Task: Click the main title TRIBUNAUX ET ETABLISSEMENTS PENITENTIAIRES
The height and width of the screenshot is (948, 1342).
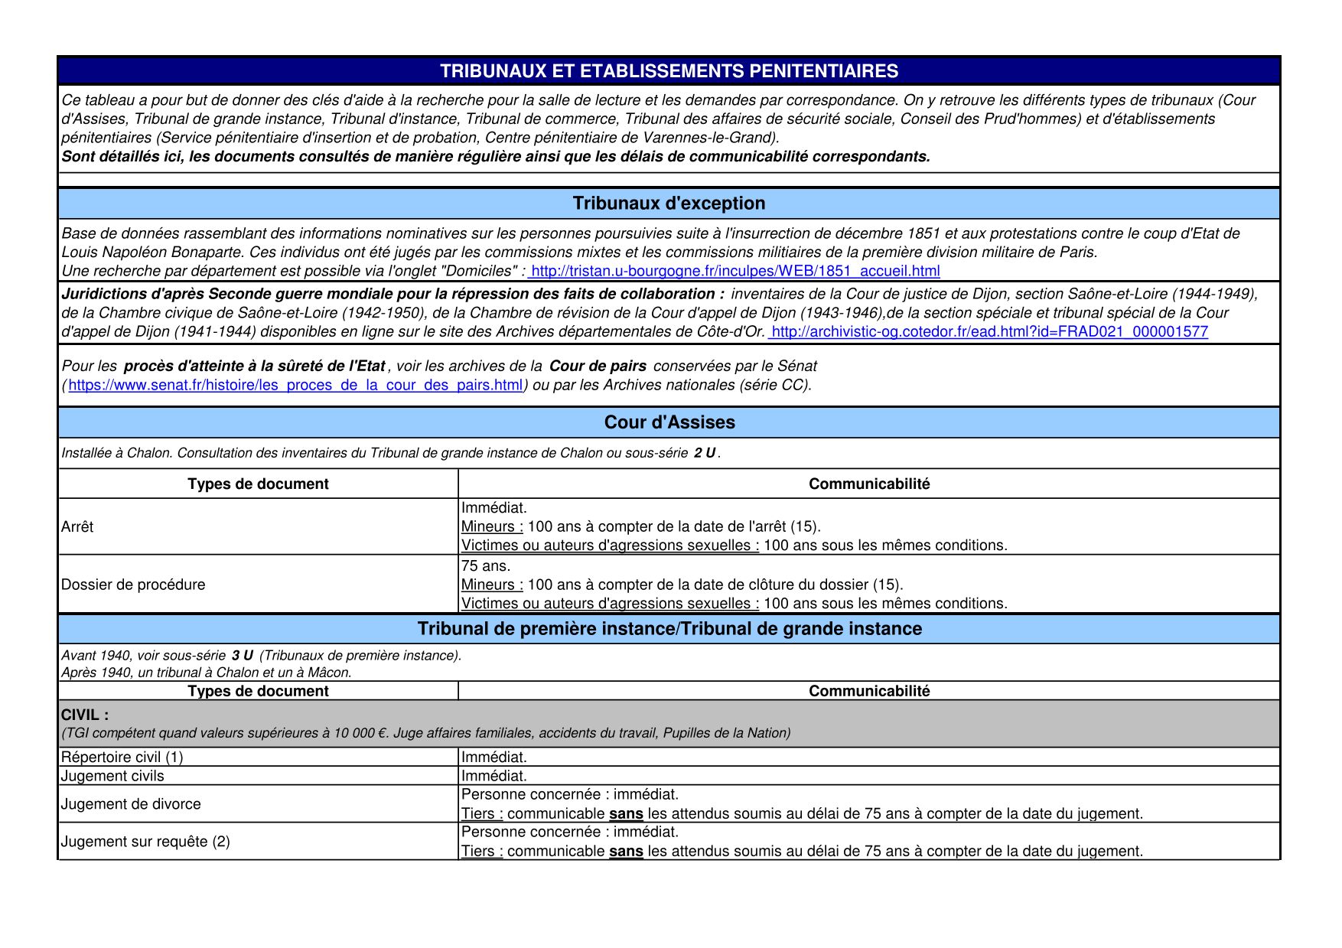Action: (x=669, y=71)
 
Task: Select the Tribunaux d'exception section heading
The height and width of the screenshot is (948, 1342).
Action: (x=669, y=204)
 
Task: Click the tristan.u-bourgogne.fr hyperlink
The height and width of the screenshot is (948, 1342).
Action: (x=735, y=271)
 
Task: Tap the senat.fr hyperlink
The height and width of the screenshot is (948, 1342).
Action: (x=295, y=385)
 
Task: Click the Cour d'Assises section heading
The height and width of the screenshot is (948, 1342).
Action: (x=669, y=422)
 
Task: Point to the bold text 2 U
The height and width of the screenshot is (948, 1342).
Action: (x=705, y=453)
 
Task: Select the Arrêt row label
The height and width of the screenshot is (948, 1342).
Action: (x=77, y=526)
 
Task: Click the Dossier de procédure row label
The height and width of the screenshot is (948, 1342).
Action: (x=133, y=585)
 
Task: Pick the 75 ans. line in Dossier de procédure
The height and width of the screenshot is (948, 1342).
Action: (x=485, y=566)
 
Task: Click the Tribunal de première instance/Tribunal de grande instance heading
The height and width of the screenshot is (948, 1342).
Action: (x=669, y=629)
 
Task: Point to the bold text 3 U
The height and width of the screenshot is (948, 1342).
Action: (x=242, y=656)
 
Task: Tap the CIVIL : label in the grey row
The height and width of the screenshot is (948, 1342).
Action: (x=85, y=715)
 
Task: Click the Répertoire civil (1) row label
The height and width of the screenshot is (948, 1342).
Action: (x=122, y=757)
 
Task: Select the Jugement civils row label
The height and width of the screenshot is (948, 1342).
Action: (x=112, y=776)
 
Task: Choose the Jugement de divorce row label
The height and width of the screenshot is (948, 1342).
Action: (x=131, y=804)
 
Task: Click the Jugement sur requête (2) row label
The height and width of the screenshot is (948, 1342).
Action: (x=145, y=842)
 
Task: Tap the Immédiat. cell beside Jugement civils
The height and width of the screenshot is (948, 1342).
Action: (x=493, y=776)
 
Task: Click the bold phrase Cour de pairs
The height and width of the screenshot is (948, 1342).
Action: (x=598, y=366)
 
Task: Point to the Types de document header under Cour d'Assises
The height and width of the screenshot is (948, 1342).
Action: (x=258, y=484)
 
